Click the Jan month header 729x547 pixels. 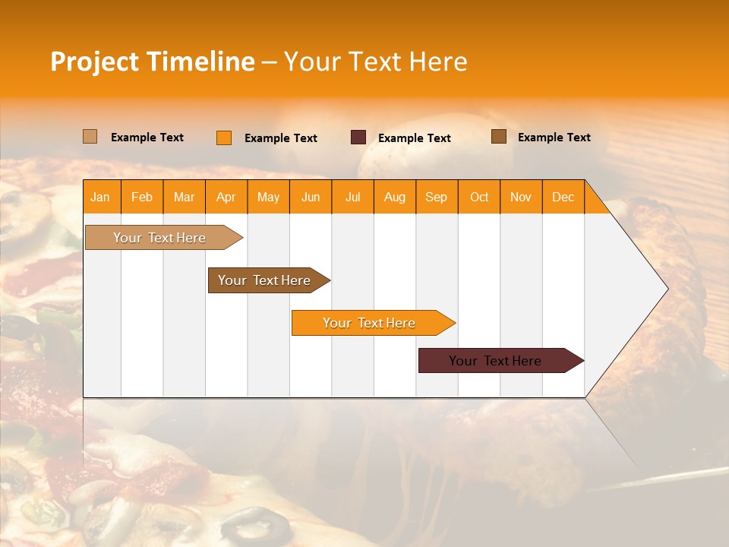click(100, 198)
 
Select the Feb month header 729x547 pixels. click(142, 198)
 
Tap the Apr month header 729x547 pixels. click(226, 198)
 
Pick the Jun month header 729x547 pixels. click(311, 198)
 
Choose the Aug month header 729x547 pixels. click(394, 198)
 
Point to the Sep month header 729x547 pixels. click(436, 198)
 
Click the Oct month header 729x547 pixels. click(479, 198)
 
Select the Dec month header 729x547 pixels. click(563, 198)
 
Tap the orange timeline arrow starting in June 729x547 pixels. click(370, 323)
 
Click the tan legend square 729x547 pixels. click(90, 137)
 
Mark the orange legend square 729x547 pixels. click(224, 138)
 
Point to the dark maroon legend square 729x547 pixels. click(358, 138)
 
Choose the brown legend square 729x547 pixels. click(499, 137)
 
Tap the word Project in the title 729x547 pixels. click(94, 62)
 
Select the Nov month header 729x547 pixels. click(521, 198)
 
